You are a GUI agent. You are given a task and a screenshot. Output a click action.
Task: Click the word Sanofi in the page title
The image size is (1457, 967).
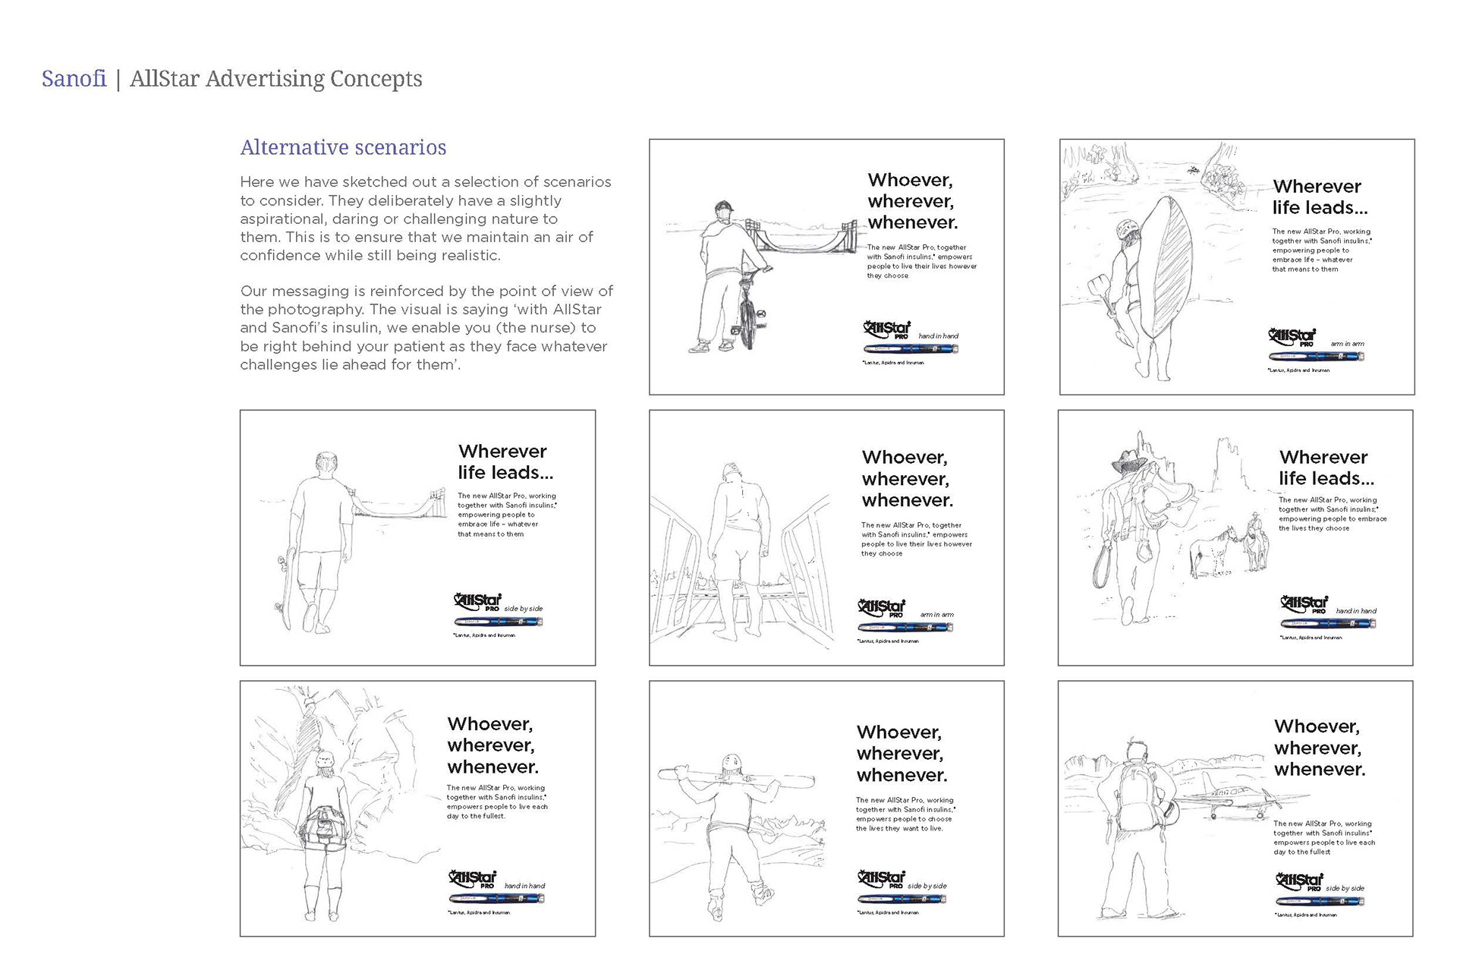click(x=74, y=79)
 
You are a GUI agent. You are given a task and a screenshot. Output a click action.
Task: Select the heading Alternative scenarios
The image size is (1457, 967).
click(x=343, y=147)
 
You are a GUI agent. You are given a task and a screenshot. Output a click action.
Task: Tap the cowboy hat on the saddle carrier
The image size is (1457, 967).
click(x=1128, y=460)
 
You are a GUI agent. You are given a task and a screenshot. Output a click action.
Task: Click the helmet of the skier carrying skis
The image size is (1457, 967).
click(x=732, y=764)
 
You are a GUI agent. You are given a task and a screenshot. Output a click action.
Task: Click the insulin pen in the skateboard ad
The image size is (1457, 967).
click(x=498, y=622)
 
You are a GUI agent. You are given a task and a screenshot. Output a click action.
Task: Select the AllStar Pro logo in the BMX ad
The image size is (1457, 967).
click(x=886, y=329)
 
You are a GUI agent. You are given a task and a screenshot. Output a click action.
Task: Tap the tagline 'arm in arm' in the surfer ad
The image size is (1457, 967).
click(x=1347, y=344)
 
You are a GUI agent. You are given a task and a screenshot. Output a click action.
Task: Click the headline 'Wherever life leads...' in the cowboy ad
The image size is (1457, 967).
click(x=1326, y=468)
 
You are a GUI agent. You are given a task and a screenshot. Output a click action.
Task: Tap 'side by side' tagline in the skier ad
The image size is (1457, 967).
click(x=927, y=886)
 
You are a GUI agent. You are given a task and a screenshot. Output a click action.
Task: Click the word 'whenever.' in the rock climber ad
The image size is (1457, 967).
click(x=492, y=767)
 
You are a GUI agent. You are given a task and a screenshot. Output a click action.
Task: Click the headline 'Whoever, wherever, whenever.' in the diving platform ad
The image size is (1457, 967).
click(x=907, y=479)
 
